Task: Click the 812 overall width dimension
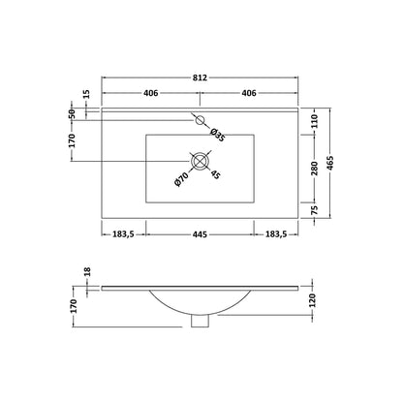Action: (x=200, y=77)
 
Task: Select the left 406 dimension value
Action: (x=151, y=93)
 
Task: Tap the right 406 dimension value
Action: (x=249, y=93)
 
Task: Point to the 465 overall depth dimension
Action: (x=329, y=164)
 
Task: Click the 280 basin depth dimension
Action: (x=314, y=169)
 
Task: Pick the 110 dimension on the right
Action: (x=314, y=121)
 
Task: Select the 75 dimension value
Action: (x=314, y=210)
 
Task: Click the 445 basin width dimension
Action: (x=200, y=234)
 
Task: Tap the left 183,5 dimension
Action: (x=123, y=234)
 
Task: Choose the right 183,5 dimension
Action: (x=276, y=234)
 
